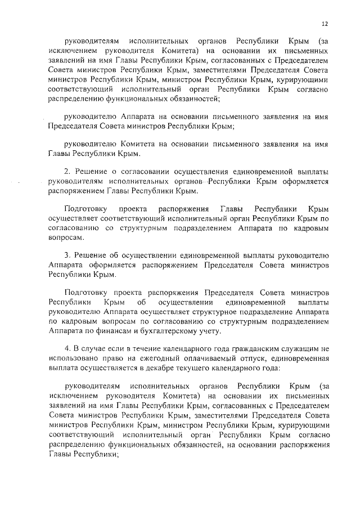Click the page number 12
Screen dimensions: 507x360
pos(325,24)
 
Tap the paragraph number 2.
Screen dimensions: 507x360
pos(66,171)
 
